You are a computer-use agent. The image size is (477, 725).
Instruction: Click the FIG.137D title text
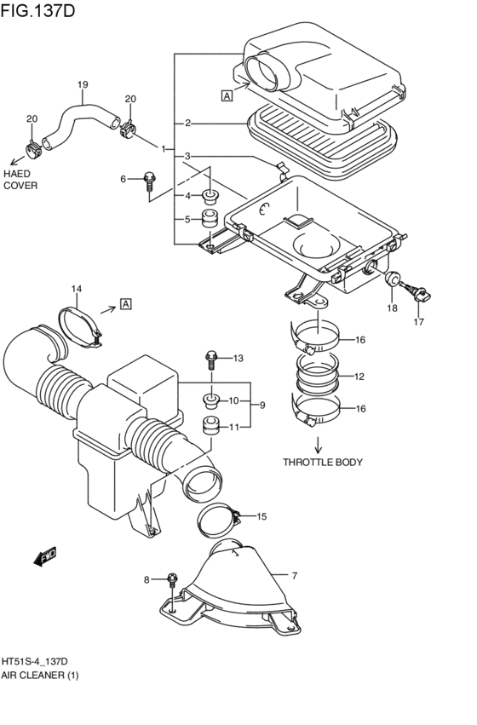click(x=37, y=10)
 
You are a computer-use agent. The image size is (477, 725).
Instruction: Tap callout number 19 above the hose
click(x=83, y=84)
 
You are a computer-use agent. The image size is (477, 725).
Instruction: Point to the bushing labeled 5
click(x=210, y=219)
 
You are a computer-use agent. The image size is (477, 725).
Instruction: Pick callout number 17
click(x=419, y=322)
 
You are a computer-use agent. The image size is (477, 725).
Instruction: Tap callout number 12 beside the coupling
click(x=359, y=377)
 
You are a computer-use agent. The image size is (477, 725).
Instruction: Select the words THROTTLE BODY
click(x=323, y=462)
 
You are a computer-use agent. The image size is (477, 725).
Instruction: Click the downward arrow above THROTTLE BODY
click(x=318, y=444)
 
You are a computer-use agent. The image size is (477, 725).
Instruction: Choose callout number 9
click(x=262, y=405)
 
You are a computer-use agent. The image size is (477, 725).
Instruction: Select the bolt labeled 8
click(x=172, y=580)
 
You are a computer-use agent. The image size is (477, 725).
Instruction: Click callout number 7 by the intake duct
click(x=295, y=576)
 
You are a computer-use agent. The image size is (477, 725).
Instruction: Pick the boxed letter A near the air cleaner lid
click(x=227, y=95)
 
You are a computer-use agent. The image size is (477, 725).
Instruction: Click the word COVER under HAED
click(x=20, y=186)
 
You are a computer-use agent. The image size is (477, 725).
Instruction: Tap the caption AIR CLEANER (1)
click(x=40, y=676)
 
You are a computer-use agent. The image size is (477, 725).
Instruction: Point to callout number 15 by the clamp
click(x=261, y=516)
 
